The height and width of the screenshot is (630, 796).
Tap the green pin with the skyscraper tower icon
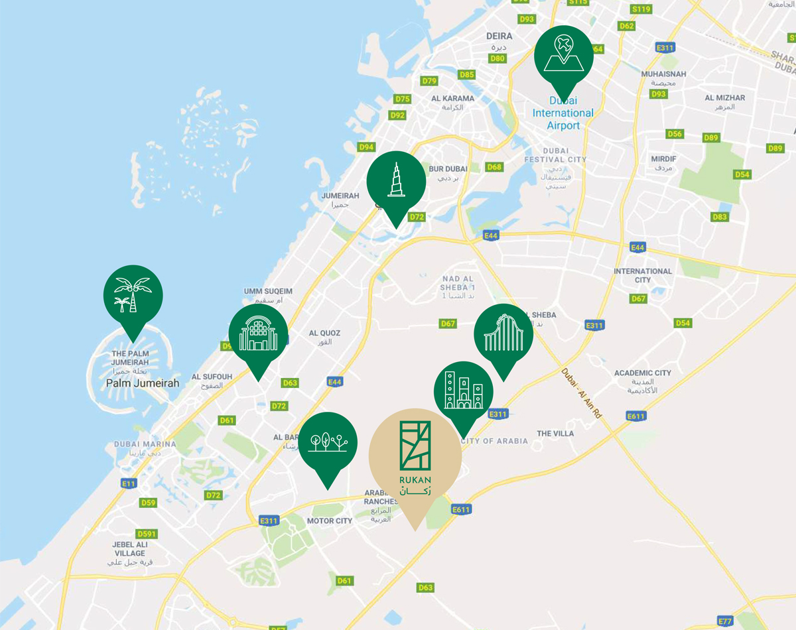396,180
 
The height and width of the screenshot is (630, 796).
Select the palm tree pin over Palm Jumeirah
133,295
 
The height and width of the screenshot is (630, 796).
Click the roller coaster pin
503,334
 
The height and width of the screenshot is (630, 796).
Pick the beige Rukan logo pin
415,454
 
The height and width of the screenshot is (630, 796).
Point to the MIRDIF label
663,159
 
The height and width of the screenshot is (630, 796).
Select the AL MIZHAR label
724,97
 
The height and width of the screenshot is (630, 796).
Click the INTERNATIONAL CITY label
642,275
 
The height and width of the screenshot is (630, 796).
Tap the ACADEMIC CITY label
642,373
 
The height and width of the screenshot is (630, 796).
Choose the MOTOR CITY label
330,521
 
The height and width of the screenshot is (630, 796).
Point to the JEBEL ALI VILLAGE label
129,549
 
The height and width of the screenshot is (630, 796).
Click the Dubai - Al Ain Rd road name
580,393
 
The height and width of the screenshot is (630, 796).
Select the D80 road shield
497,59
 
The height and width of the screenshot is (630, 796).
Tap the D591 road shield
146,534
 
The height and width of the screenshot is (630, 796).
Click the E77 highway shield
726,621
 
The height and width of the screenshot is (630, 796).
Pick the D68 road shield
494,167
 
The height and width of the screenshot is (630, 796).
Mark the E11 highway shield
129,483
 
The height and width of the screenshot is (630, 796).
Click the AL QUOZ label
324,333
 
